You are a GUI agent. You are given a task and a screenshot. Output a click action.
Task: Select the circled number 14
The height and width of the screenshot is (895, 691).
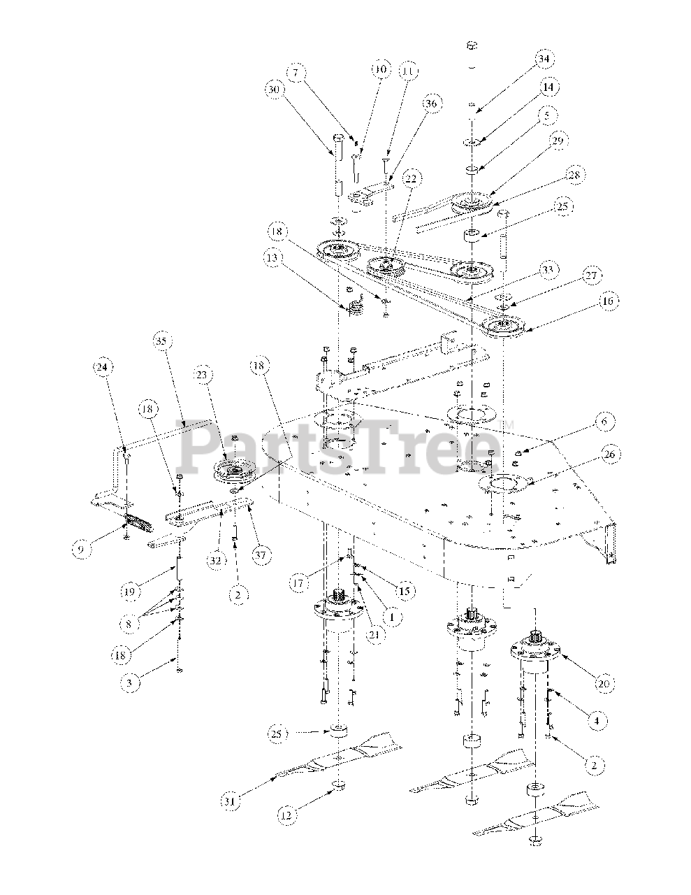tap(548, 88)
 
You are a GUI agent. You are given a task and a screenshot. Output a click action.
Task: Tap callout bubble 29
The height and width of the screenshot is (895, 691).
tap(557, 142)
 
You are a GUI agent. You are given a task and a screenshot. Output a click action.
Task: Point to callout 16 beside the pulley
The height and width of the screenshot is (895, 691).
tap(606, 302)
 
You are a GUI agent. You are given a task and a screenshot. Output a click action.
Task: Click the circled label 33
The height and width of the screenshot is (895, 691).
tap(547, 269)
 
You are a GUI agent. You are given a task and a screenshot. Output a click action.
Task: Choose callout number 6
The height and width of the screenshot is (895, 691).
tap(601, 422)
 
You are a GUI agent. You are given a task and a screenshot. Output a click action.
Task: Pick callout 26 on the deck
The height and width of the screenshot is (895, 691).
tap(609, 455)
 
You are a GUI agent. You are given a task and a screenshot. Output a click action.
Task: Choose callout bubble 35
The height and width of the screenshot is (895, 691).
tap(161, 343)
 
